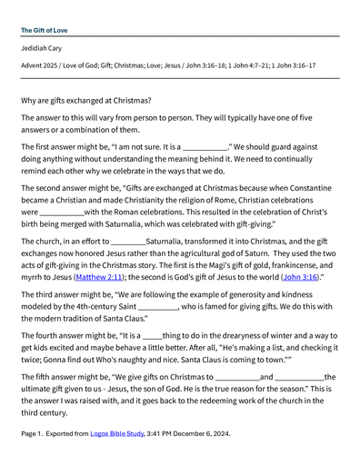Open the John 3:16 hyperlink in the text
coord(301,277)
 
